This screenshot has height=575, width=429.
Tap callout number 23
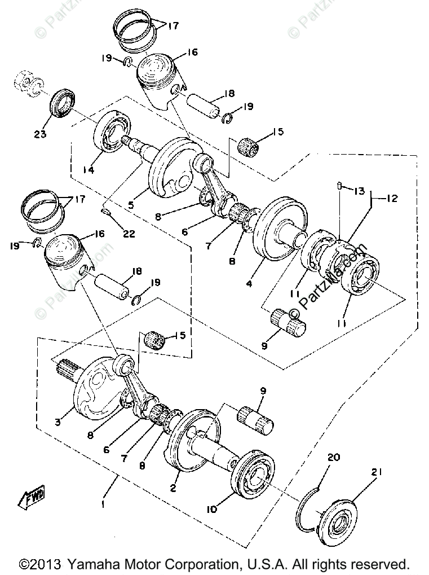(x=40, y=134)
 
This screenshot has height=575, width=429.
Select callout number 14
(x=88, y=169)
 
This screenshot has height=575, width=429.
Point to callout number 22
(x=129, y=233)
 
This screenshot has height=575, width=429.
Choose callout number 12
(x=392, y=199)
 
